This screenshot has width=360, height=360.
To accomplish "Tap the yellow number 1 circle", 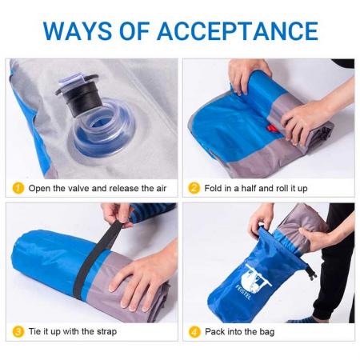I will [18, 189].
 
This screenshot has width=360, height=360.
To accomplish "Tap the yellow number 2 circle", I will [194, 189].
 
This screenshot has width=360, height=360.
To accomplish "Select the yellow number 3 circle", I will [18, 332].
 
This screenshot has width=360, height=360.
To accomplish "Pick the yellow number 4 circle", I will [194, 332].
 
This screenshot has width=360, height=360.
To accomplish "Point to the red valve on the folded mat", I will [272, 129].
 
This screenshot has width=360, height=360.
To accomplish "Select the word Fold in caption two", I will [214, 189].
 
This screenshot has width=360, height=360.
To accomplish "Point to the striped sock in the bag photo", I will [303, 318].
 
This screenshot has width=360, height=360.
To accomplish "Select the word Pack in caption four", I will [215, 332].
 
